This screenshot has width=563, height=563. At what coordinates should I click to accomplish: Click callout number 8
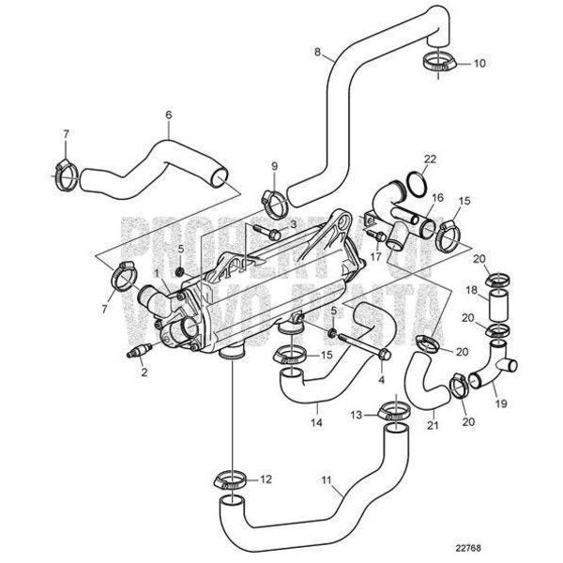point(318,51)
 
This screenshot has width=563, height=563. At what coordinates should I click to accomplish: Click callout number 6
point(168,115)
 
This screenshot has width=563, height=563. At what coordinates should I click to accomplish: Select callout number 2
point(144,373)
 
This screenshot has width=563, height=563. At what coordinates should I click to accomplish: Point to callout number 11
point(324,481)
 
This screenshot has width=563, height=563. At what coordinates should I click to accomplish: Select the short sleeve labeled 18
point(498,306)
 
